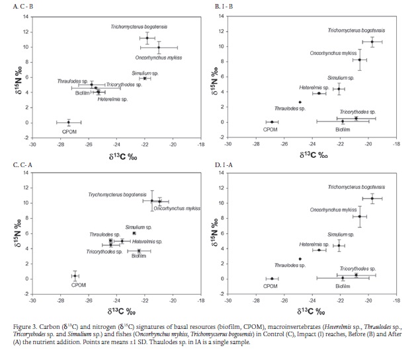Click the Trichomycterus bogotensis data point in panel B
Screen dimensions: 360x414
[372, 42]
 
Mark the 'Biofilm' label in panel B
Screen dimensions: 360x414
[343, 130]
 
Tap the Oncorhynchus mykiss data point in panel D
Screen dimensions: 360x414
[360, 216]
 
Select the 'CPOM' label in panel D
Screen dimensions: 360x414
[270, 286]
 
